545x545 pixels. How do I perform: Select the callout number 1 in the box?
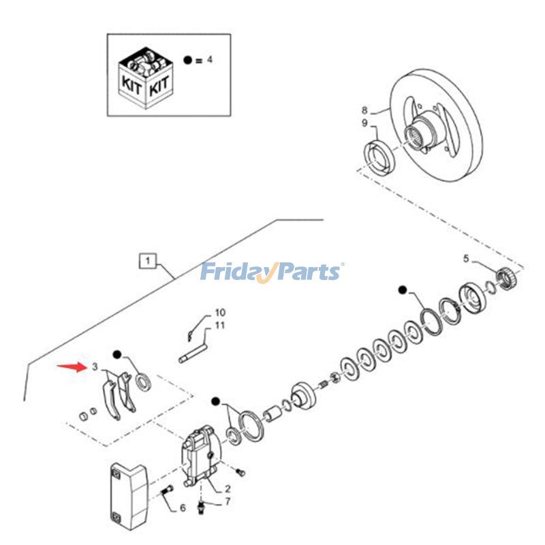(148, 260)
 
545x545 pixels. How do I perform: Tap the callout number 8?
(364, 110)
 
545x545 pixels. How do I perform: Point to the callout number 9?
(364, 123)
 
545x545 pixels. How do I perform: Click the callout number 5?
(466, 258)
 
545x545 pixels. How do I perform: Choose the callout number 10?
(220, 313)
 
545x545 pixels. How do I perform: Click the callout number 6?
(183, 508)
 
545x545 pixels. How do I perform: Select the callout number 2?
(227, 488)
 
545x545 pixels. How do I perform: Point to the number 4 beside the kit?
(210, 60)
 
